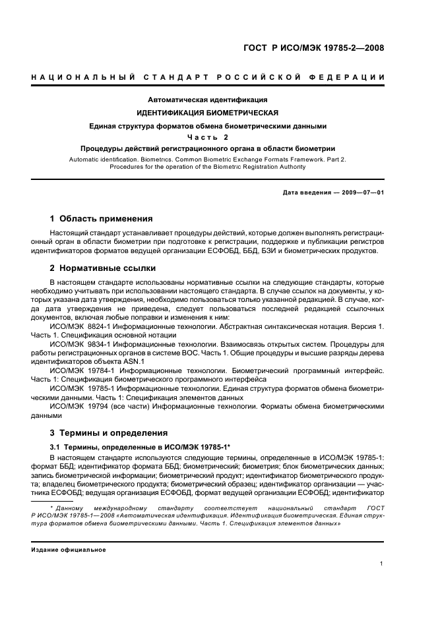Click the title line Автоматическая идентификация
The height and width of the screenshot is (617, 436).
pyautogui.click(x=208, y=100)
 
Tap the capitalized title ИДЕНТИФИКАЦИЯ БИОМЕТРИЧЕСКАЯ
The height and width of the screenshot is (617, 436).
pyautogui.click(x=208, y=113)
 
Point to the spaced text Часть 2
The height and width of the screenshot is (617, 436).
pyautogui.click(x=208, y=137)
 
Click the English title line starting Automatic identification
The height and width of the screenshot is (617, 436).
pyautogui.click(x=208, y=160)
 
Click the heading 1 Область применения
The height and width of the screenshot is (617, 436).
pyautogui.click(x=101, y=218)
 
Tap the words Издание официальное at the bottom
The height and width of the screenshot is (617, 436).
pyautogui.click(x=69, y=549)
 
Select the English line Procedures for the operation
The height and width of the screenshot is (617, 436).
pyautogui.click(x=208, y=167)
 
